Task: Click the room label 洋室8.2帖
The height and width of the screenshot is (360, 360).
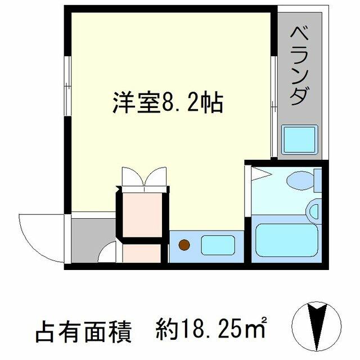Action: (168, 102)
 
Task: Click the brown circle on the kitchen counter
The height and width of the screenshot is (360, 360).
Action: (184, 245)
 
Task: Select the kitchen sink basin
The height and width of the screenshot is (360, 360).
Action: (218, 245)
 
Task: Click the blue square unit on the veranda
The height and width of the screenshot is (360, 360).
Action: (299, 140)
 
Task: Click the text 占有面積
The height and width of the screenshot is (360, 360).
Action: (83, 332)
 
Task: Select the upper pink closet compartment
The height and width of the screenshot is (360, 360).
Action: (142, 214)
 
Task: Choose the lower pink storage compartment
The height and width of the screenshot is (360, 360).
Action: (142, 253)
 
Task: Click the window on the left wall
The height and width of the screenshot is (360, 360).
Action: (67, 85)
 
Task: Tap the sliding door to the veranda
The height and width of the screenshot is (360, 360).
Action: (273, 106)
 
